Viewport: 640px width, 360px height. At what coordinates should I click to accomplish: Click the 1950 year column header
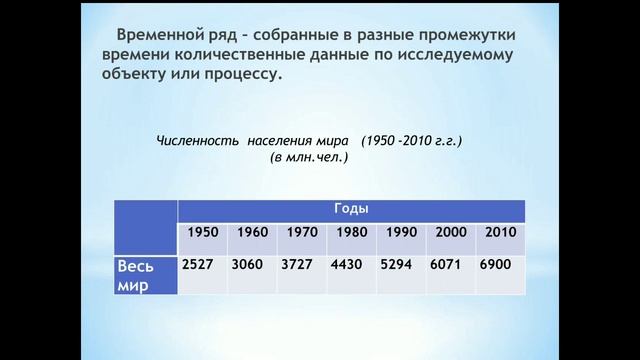click(203, 232)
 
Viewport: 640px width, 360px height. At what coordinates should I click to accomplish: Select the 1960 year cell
click(252, 232)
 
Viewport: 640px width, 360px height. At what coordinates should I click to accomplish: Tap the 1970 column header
click(301, 232)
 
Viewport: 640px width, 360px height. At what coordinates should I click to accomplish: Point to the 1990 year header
click(400, 232)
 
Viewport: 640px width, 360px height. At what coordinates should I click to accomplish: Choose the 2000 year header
click(450, 232)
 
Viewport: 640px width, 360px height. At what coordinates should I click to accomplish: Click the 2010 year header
click(500, 232)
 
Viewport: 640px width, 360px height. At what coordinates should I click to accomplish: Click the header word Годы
click(351, 208)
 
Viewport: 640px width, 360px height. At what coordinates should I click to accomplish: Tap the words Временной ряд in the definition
click(172, 32)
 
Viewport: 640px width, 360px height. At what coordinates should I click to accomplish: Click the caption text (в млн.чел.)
click(308, 158)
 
